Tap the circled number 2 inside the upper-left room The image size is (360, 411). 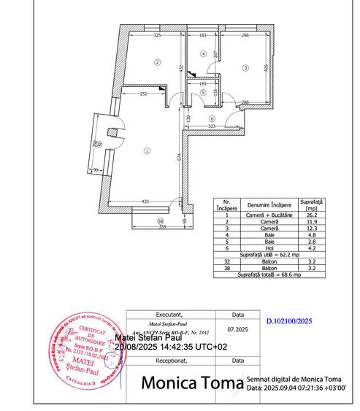click(x=156, y=62)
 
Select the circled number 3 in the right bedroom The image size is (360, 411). click(x=245, y=67)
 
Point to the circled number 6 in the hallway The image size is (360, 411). click(x=212, y=119)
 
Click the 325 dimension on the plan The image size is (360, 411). click(x=156, y=35)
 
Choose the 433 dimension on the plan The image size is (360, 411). click(x=145, y=201)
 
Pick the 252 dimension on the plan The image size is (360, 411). click(x=144, y=93)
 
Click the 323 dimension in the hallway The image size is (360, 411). click(x=211, y=127)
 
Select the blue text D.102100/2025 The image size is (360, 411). click(x=288, y=320)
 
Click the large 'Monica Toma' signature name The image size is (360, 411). click(x=192, y=383)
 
